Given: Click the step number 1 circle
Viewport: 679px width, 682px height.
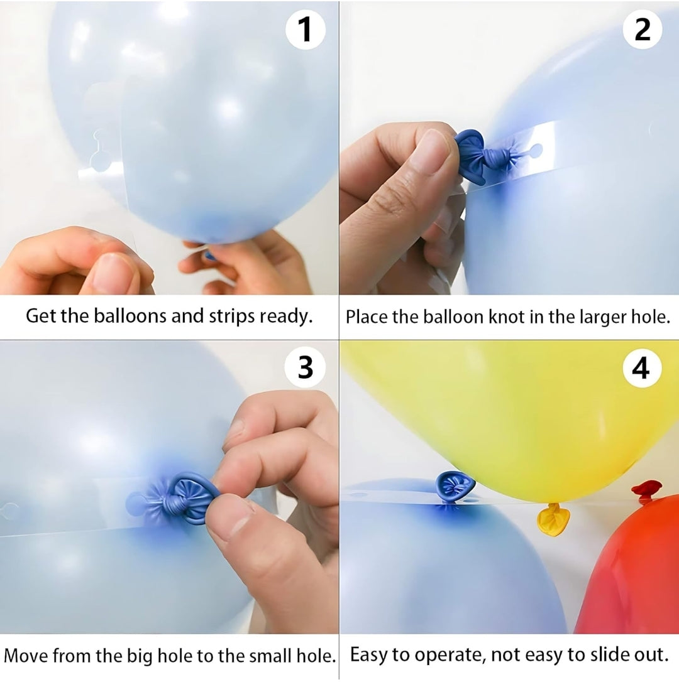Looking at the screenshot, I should click(306, 30).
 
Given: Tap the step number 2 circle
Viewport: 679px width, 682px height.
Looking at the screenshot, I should click(642, 30).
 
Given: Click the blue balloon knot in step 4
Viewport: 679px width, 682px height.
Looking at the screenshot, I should click(454, 485).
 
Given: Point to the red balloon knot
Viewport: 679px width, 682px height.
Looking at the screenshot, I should click(646, 490).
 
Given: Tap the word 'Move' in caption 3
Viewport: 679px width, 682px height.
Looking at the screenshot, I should click(26, 656).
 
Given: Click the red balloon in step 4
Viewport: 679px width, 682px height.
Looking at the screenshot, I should click(635, 578).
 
